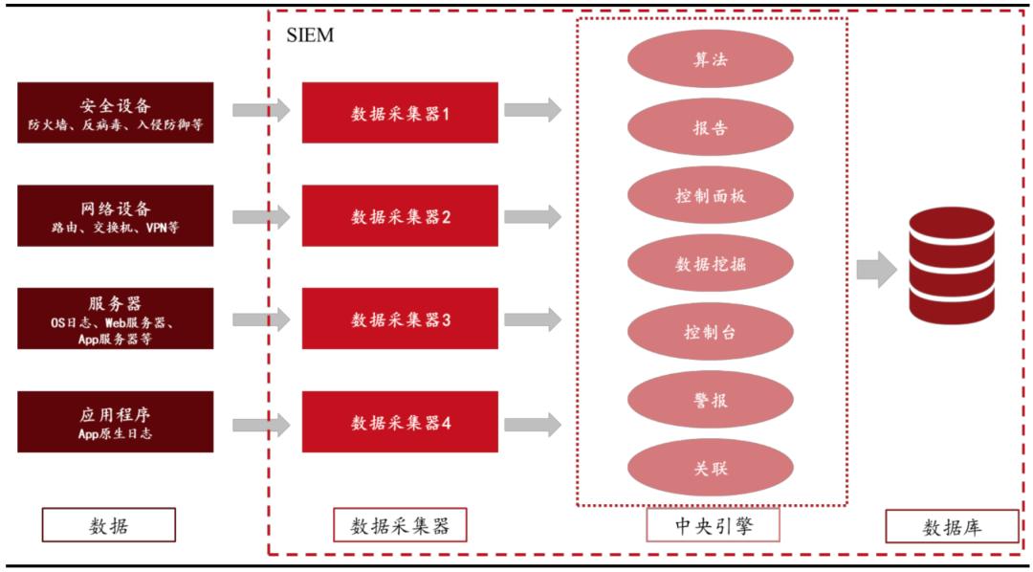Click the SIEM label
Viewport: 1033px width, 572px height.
(x=310, y=36)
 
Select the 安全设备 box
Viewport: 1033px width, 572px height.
(x=116, y=113)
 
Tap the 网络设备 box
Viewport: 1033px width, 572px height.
(x=116, y=216)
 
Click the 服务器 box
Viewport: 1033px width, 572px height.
(x=116, y=319)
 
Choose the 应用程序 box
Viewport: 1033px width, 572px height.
(x=116, y=422)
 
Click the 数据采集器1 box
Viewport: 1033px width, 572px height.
(x=400, y=113)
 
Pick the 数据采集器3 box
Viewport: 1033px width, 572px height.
(x=400, y=319)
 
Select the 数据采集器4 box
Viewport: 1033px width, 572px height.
(x=400, y=422)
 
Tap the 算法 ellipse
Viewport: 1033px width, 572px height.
(x=710, y=59)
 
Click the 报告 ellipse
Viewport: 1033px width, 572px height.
(x=710, y=127)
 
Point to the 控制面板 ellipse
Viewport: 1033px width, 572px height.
(x=710, y=195)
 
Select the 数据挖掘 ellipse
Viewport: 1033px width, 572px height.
(x=710, y=264)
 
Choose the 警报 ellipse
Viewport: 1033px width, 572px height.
(x=710, y=400)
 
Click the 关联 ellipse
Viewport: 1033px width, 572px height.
(x=710, y=468)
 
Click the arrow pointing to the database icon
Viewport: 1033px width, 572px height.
(x=875, y=270)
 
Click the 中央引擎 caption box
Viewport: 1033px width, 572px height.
(x=713, y=524)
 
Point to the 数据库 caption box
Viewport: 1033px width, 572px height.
(x=951, y=526)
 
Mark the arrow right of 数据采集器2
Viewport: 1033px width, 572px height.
(x=532, y=216)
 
